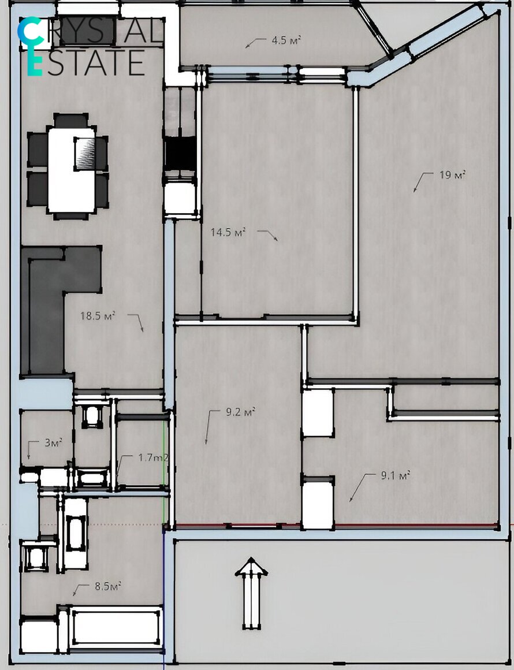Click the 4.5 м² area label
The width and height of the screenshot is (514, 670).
[x=286, y=40]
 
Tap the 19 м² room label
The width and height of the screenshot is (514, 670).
[x=452, y=175]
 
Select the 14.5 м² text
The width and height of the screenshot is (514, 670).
[x=228, y=232]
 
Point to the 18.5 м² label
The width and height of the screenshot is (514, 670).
[x=98, y=316]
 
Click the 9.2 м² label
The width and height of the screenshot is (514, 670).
[x=240, y=412]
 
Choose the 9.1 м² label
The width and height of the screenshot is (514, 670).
[x=395, y=475]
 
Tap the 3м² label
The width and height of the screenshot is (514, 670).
[x=53, y=442]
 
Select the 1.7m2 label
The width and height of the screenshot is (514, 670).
[x=153, y=457]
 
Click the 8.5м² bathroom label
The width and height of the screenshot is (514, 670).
[x=107, y=586]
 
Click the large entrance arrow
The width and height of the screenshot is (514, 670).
[x=251, y=593]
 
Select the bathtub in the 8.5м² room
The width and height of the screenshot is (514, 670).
[x=116, y=627]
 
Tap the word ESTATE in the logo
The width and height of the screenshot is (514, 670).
[x=86, y=62]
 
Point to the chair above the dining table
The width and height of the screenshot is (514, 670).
[x=71, y=121]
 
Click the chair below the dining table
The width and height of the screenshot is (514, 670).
[x=71, y=216]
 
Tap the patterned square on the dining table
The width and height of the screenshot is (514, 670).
[x=84, y=154]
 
